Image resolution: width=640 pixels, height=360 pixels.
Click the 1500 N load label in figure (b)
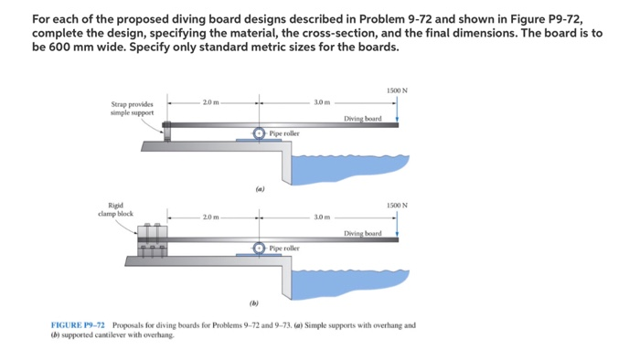click(x=398, y=205)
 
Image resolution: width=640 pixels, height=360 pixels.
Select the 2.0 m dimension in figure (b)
click(x=212, y=217)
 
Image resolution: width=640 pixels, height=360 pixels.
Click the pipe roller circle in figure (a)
click(x=260, y=133)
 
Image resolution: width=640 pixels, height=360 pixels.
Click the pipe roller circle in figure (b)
click(x=260, y=248)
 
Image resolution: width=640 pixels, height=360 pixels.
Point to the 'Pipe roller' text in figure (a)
click(x=284, y=132)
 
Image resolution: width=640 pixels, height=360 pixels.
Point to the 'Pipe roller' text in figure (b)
click(x=284, y=248)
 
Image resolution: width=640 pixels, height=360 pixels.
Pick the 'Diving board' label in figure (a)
click(x=362, y=118)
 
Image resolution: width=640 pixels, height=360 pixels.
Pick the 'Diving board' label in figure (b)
click(x=362, y=233)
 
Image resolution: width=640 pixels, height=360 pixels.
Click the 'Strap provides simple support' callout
click(x=133, y=109)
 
